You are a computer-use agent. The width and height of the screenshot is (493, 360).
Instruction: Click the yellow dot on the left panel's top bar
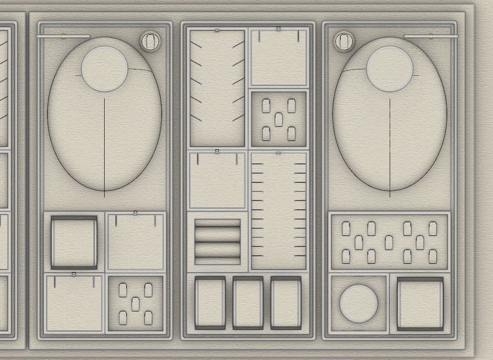64,37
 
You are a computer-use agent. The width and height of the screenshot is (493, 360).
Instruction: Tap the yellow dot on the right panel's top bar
431,36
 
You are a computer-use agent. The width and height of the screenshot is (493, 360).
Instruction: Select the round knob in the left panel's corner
151,42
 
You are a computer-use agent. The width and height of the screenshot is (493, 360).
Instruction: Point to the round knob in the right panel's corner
344,42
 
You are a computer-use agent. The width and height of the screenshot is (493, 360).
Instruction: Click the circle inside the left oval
105,69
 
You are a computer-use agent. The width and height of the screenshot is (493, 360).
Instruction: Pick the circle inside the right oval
390,69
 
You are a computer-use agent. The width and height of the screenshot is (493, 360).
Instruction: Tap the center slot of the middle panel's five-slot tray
278,120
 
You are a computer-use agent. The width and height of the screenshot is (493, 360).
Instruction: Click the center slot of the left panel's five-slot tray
135,304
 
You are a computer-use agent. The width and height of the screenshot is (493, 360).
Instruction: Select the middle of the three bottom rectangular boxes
248,303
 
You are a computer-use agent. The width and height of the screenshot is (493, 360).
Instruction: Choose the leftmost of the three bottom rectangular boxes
210,303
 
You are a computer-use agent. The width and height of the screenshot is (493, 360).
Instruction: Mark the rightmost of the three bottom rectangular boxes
286,303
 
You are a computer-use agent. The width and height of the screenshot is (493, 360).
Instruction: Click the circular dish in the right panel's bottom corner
358,303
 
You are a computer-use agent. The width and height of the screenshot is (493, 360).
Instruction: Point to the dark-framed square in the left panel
74,242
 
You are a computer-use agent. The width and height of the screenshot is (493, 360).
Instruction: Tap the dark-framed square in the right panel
420,304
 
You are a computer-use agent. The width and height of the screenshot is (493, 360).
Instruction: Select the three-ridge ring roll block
218,242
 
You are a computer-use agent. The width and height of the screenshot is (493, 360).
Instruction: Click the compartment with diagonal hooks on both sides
217,88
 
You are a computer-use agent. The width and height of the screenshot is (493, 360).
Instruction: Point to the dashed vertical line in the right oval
390,146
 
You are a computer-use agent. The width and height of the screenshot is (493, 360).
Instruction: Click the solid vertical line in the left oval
105,146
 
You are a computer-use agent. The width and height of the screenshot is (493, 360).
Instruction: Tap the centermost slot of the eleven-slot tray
389,243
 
